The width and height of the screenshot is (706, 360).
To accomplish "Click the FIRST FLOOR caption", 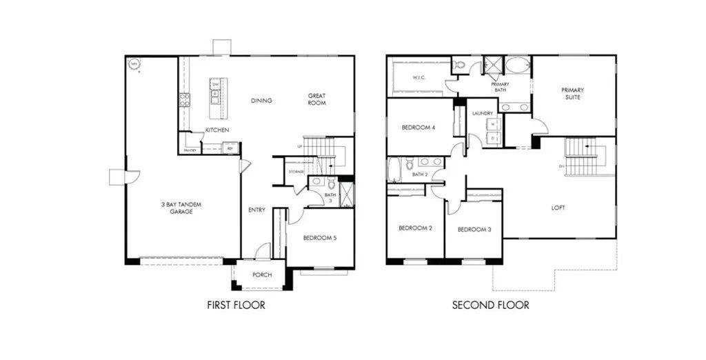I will pos(236,304).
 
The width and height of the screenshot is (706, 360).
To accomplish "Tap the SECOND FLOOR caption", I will pos(490,304).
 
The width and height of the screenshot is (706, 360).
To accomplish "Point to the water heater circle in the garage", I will pos(134,65).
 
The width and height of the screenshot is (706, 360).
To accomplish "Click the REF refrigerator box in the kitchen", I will pos(230,147).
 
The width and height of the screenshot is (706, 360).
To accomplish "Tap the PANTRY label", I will pos(190,150).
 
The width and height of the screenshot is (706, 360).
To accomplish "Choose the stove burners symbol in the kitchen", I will pos(184,99).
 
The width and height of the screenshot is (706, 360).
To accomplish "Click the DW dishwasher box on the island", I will pos(215,83).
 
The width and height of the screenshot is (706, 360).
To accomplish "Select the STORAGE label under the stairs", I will pos(296,171).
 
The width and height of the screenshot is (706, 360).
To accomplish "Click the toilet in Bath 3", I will pos(331,183).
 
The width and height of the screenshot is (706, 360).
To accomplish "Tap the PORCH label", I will pos(262,275).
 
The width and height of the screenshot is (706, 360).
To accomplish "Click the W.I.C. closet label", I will pos(418,77).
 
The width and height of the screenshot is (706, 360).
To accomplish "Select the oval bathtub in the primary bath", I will pos(518,66).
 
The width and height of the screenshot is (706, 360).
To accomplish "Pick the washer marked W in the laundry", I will pos(494,124).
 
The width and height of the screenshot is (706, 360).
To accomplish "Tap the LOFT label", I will pos(558,208).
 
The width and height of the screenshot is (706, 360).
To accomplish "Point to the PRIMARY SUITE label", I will pos(572,93).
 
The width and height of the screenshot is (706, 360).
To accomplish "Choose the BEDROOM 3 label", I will pos(474,229).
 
